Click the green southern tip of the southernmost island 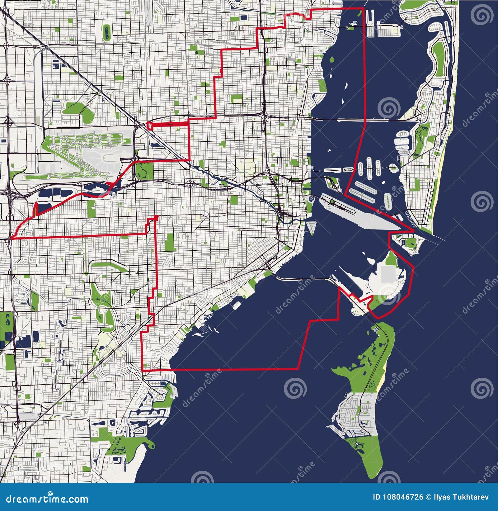click(x=372, y=464)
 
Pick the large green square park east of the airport click(x=144, y=171)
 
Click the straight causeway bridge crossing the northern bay click(x=364, y=119)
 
